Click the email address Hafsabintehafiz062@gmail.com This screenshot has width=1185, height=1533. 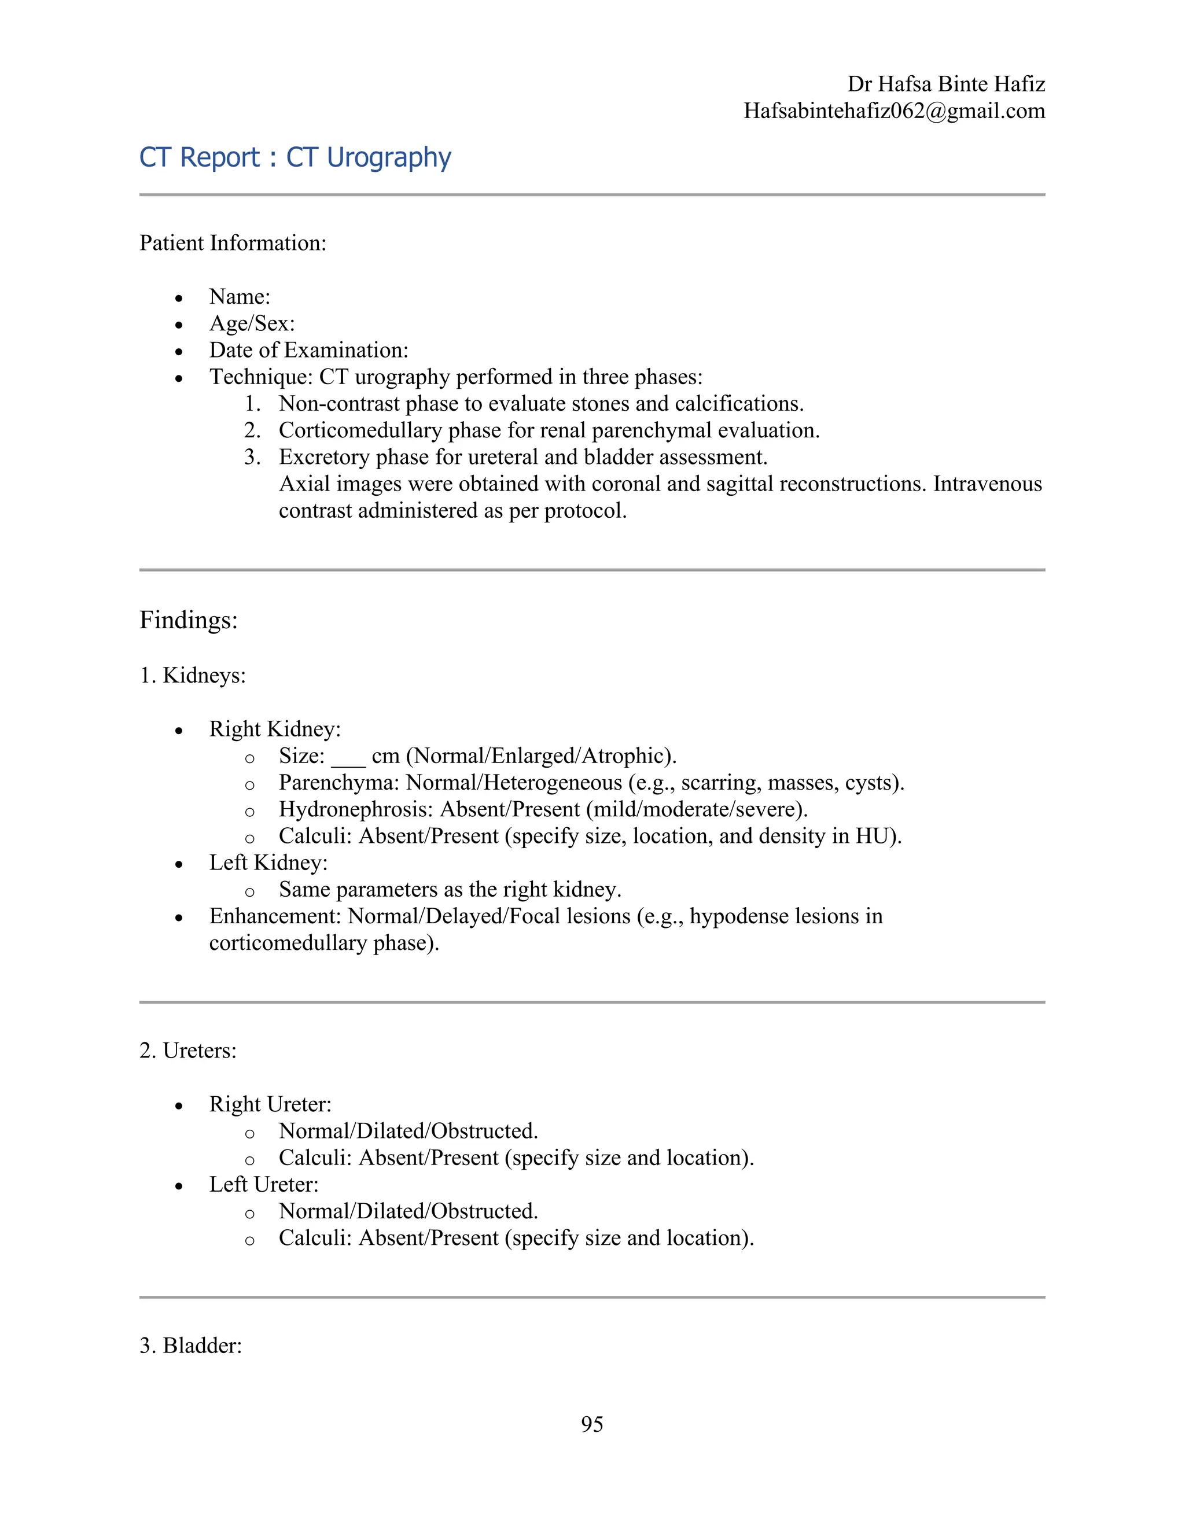895,111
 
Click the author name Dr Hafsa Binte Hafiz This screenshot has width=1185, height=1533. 945,84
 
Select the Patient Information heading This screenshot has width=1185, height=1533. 233,243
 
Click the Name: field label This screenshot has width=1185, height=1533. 240,297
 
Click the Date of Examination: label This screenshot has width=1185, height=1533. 308,350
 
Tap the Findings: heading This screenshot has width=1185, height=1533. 188,620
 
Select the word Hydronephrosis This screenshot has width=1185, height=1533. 356,809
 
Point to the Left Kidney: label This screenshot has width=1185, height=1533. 268,863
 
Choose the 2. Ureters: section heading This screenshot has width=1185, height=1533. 187,1051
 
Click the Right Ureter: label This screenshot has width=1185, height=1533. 270,1104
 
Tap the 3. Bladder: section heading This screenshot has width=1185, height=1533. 190,1346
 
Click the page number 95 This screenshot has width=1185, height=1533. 592,1424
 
